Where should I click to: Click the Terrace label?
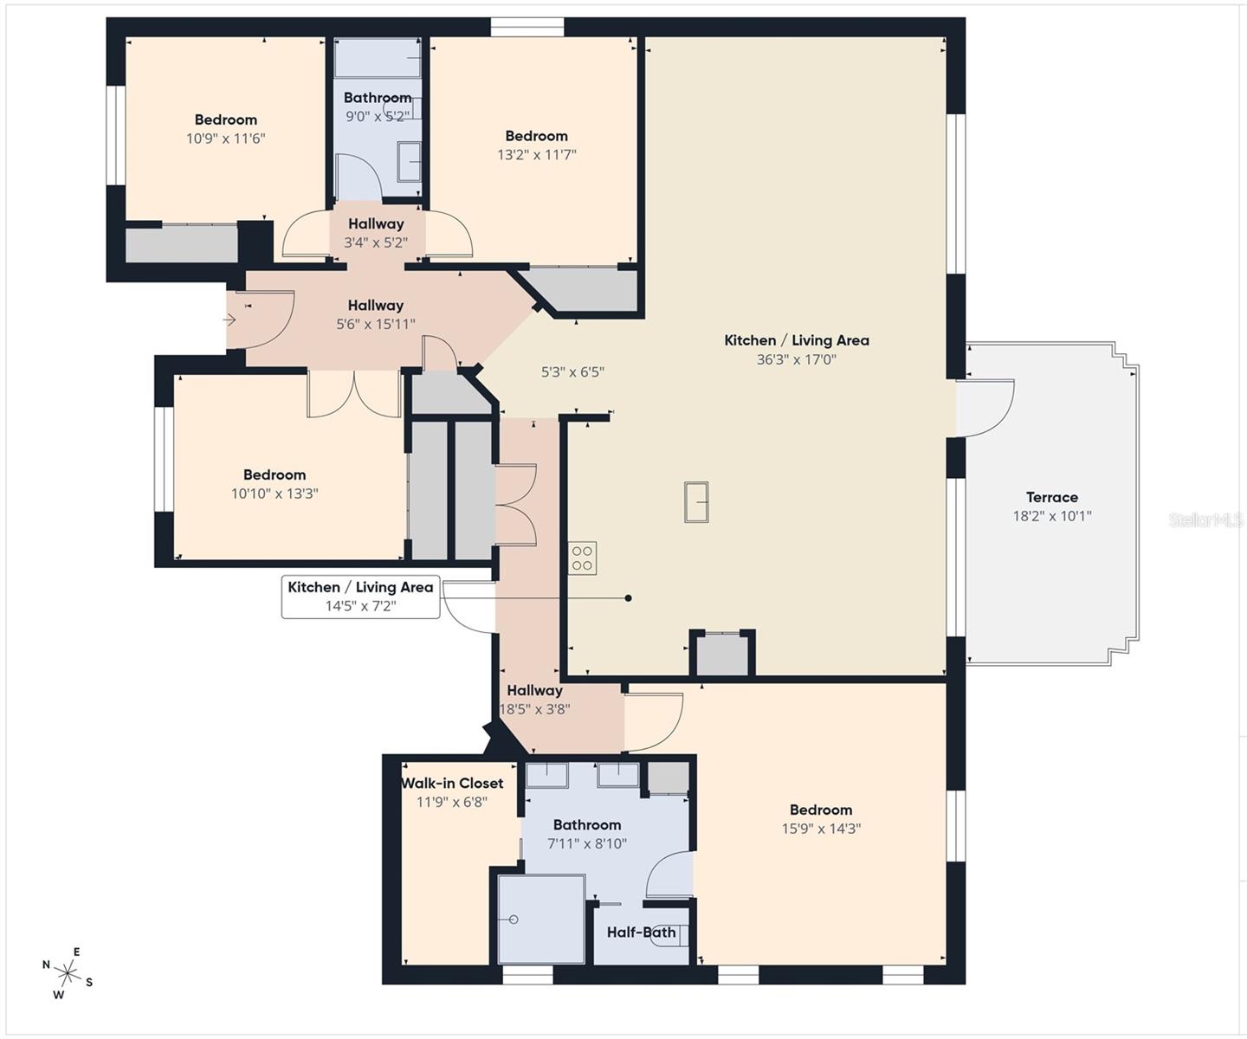[1051, 497]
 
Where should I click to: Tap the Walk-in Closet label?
[452, 783]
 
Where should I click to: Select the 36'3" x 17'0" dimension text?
[797, 359]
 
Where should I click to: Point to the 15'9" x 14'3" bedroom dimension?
[821, 829]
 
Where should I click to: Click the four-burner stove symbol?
[582, 558]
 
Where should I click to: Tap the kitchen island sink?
[696, 502]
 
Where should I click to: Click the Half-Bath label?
[642, 933]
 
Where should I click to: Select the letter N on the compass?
[46, 965]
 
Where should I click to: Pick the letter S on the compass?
[89, 982]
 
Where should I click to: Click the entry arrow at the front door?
[230, 320]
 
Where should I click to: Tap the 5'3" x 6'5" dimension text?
[572, 372]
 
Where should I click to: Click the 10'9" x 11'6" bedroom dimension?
[226, 139]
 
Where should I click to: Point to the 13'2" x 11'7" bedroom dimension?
[537, 155]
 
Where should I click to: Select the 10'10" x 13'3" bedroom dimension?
[275, 494]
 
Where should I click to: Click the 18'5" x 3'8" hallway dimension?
[535, 709]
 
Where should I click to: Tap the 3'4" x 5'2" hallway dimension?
[376, 242]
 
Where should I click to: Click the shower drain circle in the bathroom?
[513, 920]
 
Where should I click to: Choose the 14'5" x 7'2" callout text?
[361, 605]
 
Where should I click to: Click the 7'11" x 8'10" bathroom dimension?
[587, 843]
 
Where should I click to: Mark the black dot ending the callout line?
[629, 597]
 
